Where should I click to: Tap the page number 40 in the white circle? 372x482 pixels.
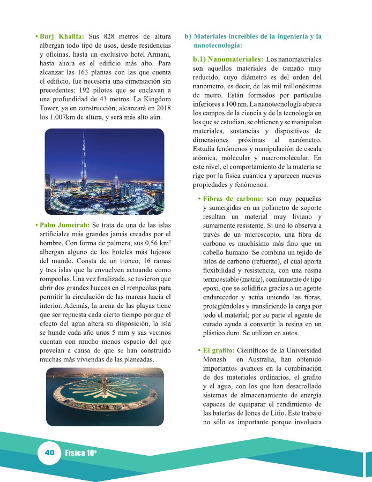(50, 453)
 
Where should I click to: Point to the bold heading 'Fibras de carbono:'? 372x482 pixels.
(233, 199)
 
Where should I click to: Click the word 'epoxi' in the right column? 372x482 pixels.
(212, 288)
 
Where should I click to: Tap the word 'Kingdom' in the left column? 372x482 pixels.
(157, 100)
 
